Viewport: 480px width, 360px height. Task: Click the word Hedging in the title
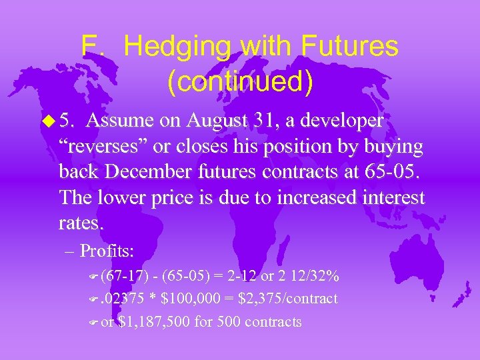click(179, 47)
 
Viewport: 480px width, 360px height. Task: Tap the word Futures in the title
click(350, 47)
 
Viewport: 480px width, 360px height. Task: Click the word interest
click(391, 197)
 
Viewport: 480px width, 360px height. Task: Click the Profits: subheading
click(107, 251)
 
